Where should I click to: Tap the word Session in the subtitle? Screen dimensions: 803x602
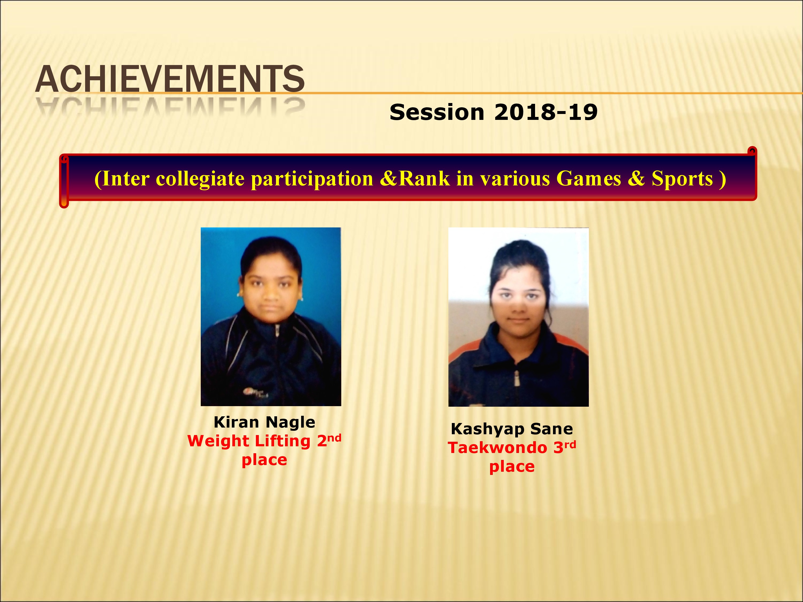[437, 112]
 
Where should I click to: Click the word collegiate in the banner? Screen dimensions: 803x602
[200, 179]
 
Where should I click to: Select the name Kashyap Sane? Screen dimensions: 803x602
[512, 429]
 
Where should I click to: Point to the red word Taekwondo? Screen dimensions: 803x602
[497, 448]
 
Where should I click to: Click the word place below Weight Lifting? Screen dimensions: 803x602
[264, 460]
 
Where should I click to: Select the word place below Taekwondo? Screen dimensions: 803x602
[512, 467]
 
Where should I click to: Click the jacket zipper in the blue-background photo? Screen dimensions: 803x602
[277, 363]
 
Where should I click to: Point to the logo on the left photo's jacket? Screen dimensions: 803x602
[256, 392]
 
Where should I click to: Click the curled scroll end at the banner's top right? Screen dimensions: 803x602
[752, 151]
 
